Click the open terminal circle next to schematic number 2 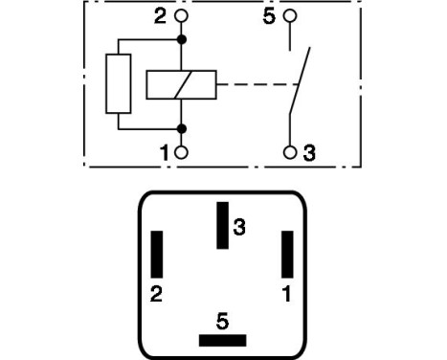181,17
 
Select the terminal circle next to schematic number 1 181,152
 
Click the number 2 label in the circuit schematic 160,17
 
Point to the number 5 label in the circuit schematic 269,17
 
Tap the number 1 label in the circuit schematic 163,152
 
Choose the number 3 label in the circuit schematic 308,152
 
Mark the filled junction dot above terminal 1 181,127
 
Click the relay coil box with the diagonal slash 181,85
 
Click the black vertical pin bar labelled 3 222,225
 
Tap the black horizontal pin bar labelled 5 222,340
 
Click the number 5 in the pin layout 223,319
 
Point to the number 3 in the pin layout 240,227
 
